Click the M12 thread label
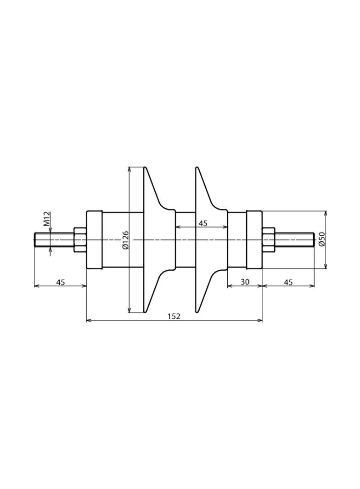[47, 218]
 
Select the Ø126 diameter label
[126, 240]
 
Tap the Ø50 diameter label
[322, 239]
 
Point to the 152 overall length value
[174, 316]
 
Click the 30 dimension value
[245, 282]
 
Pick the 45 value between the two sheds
[203, 223]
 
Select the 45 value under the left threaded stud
[61, 282]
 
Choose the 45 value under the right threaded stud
[288, 282]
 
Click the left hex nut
[80, 240]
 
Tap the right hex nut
[269, 240]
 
